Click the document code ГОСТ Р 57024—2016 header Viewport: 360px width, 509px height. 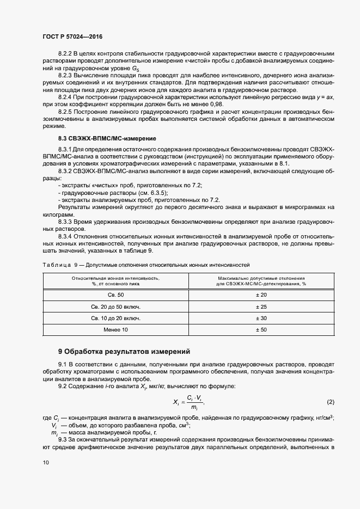coord(72,36)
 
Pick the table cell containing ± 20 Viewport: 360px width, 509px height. coord(261,295)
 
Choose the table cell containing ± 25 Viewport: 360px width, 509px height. coord(261,306)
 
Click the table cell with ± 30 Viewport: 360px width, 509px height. coord(261,318)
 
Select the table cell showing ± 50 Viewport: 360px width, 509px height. coord(261,330)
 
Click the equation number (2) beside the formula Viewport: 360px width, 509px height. coord(330,402)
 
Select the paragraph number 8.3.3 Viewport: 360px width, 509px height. coord(67,222)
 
